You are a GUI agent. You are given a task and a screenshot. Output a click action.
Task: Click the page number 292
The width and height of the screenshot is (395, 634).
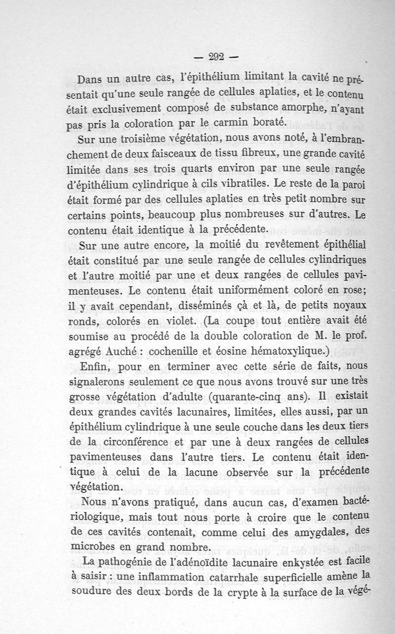pyautogui.click(x=216, y=56)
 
